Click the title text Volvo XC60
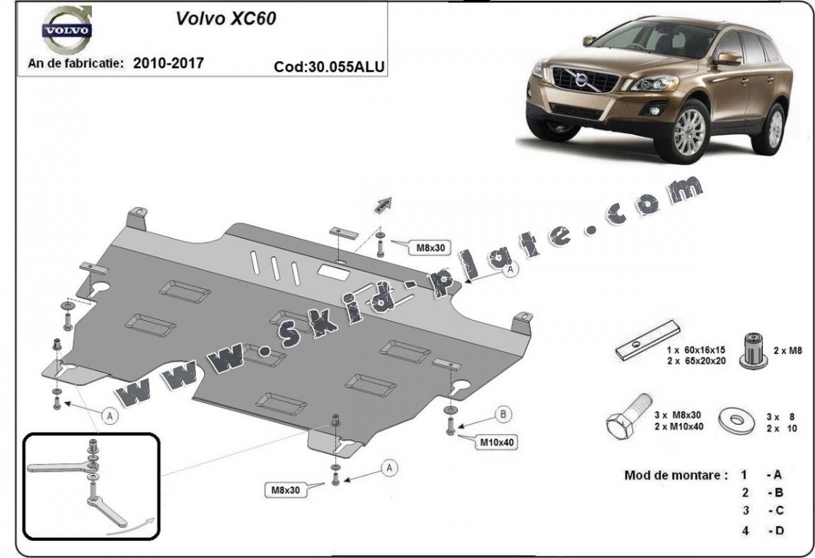[x=226, y=18]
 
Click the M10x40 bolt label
[x=497, y=443]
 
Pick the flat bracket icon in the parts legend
[x=647, y=341]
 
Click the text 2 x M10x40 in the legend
[x=678, y=426]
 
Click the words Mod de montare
[x=676, y=475]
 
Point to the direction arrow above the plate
[x=384, y=203]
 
